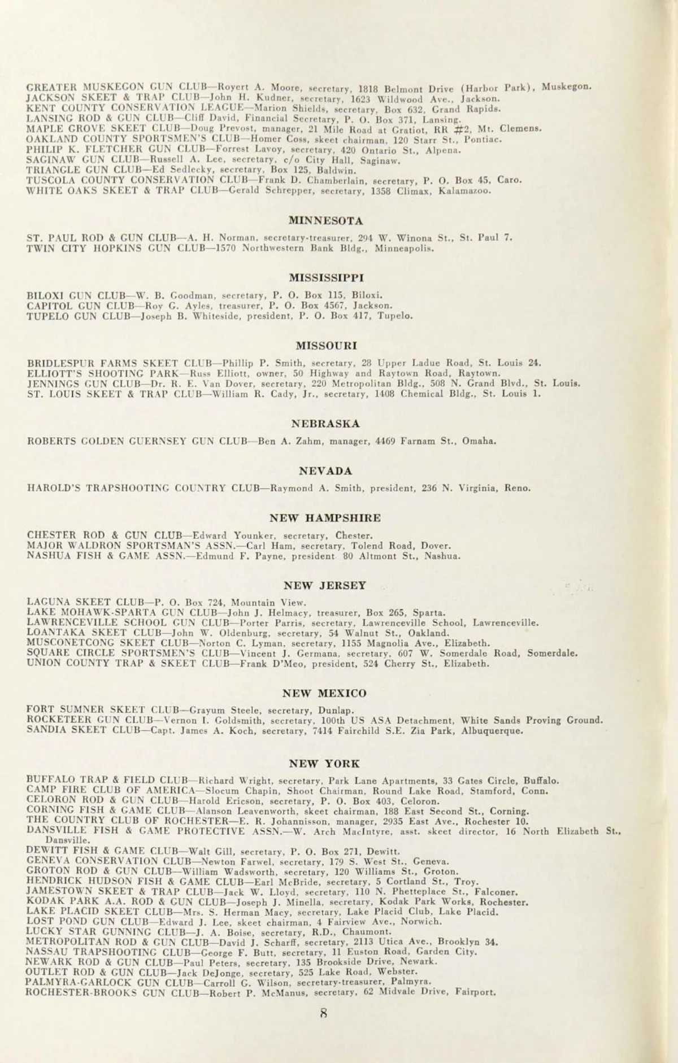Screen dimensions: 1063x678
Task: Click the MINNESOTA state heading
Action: [x=326, y=221]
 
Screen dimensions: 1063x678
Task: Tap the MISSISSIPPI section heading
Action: [x=326, y=278]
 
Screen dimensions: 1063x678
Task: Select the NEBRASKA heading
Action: [x=326, y=424]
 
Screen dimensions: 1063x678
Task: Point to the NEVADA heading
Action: [x=326, y=471]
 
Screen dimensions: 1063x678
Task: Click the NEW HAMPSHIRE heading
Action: [x=325, y=518]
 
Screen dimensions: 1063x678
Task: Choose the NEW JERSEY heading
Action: [x=325, y=586]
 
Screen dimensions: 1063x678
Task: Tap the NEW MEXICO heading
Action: [x=325, y=693]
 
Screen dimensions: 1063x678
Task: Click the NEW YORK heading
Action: [x=324, y=764]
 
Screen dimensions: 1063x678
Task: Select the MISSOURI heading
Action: [x=326, y=345]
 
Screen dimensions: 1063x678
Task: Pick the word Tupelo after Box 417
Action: [x=395, y=316]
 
